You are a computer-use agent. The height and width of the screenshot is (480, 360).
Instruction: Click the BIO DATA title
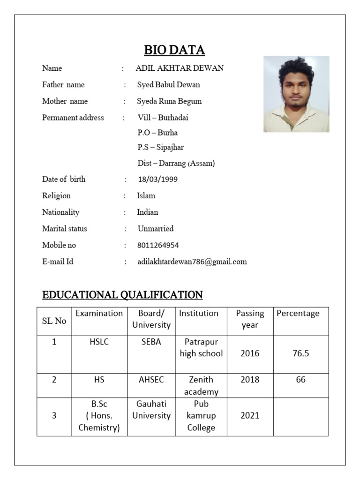pyautogui.click(x=174, y=50)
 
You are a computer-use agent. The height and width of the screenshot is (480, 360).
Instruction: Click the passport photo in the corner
pyautogui.click(x=296, y=94)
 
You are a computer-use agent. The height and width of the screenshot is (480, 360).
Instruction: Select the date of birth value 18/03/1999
pyautogui.click(x=157, y=180)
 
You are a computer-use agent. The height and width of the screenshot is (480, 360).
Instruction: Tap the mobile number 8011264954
pyautogui.click(x=158, y=245)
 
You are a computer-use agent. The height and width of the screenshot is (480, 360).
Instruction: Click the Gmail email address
pyautogui.click(x=192, y=262)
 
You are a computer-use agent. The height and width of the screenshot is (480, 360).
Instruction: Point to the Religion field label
pyautogui.click(x=56, y=196)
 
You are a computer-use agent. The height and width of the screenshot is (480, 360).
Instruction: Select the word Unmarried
pyautogui.click(x=155, y=229)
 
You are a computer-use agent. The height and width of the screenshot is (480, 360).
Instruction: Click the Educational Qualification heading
pyautogui.click(x=122, y=295)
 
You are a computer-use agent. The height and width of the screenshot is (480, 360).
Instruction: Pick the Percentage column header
pyautogui.click(x=298, y=314)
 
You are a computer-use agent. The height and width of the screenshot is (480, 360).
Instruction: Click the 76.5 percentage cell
pyautogui.click(x=300, y=354)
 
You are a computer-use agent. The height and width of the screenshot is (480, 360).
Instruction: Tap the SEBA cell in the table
pyautogui.click(x=151, y=342)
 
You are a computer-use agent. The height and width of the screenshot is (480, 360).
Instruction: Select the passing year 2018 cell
pyautogui.click(x=250, y=380)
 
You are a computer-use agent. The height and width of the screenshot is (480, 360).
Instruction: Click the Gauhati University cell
pyautogui.click(x=151, y=410)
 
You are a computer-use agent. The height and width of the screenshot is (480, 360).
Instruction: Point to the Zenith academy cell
pyautogui.click(x=201, y=385)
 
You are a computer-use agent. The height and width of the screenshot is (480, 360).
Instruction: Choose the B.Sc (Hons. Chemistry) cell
pyautogui.click(x=99, y=416)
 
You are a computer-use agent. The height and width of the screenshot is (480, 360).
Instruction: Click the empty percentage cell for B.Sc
pyautogui.click(x=301, y=416)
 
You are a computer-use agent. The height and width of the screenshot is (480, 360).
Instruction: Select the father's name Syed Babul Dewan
pyautogui.click(x=168, y=85)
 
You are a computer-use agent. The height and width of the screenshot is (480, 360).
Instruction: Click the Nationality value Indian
pyautogui.click(x=147, y=212)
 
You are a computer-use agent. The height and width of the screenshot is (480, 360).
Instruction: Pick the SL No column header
pyautogui.click(x=54, y=321)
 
